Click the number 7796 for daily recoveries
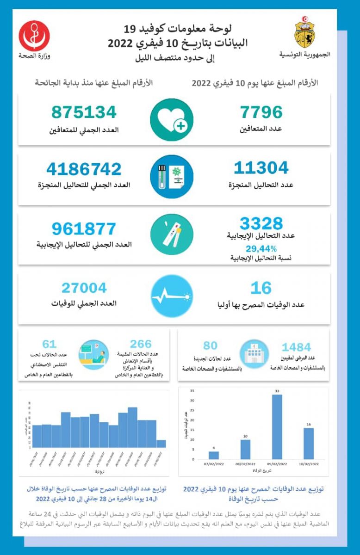click(x=261, y=112)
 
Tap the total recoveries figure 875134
click(x=84, y=112)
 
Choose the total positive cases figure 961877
click(x=84, y=228)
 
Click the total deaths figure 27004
click(x=84, y=288)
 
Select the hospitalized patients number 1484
click(x=296, y=347)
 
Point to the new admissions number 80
click(x=210, y=345)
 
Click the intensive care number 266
click(x=141, y=344)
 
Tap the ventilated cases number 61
click(x=49, y=344)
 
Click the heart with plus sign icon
click(x=171, y=120)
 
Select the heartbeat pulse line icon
click(x=171, y=296)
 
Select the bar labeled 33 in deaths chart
click(x=277, y=426)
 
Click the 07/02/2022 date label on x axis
click(x=213, y=463)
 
